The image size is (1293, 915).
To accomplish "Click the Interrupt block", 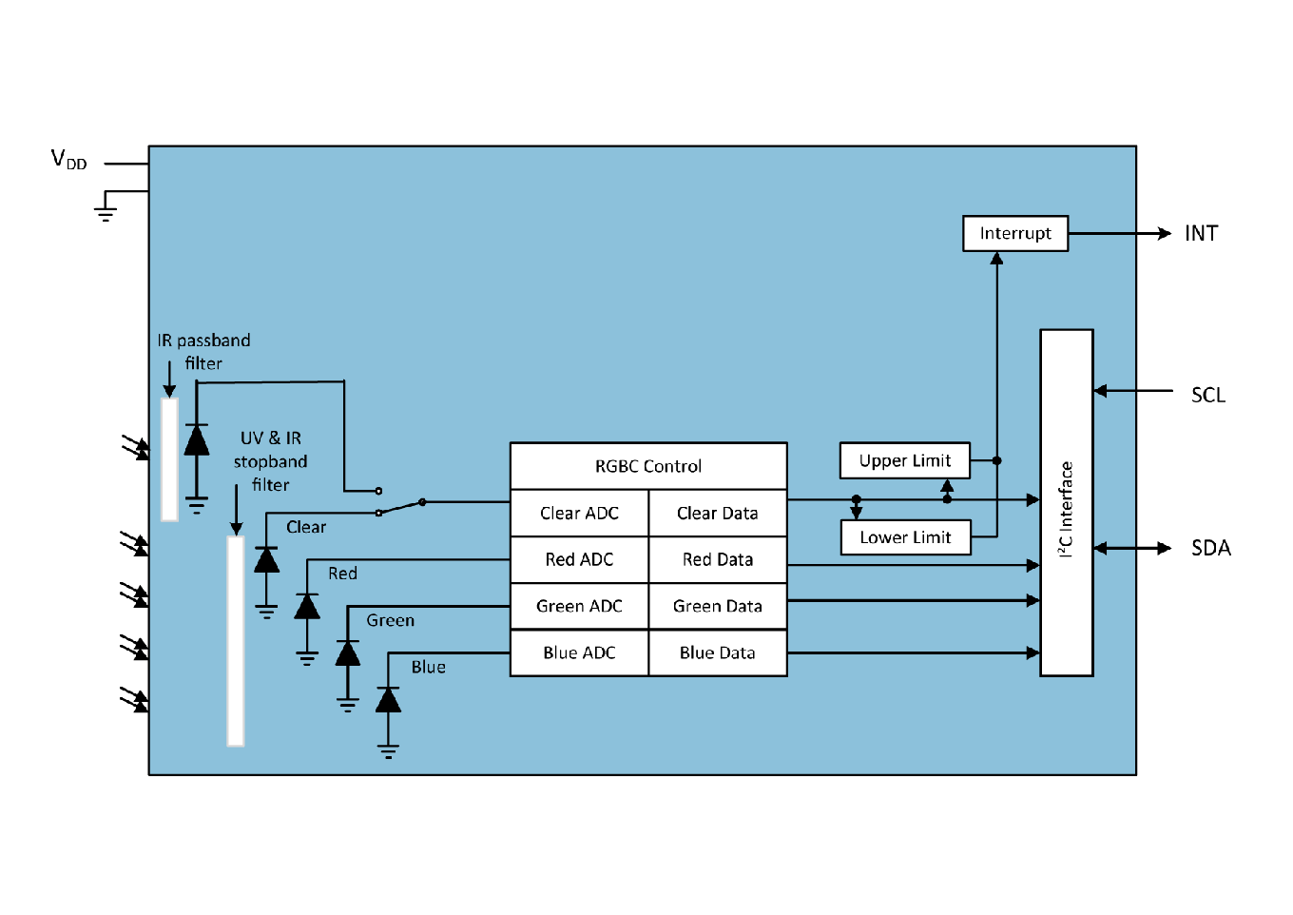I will coord(1014,234).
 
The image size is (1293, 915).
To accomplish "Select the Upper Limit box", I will coord(904,461).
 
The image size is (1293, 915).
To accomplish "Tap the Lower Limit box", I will coord(905,537).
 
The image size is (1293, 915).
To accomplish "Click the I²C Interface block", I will coord(1066,503).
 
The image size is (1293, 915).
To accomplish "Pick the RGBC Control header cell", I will coord(648,466).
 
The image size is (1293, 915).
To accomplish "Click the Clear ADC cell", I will coord(579,514).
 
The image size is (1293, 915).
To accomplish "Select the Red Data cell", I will coord(718,560).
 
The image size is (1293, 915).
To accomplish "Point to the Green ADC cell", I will coord(579,607).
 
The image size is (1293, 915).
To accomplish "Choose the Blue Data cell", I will coord(718,653).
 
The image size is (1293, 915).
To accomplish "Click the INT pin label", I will coord(1201,234).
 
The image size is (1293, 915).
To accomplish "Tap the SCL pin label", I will coord(1207,396).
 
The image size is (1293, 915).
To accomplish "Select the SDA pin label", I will coord(1210,549).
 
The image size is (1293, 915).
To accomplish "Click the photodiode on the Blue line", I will coord(388,701).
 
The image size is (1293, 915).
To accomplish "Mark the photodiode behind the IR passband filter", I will coord(197,440).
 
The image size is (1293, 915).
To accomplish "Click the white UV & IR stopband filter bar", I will coord(236,641).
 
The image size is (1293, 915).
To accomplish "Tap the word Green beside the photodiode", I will coord(390,621).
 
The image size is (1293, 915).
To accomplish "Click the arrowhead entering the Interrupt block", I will coord(996,258).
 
